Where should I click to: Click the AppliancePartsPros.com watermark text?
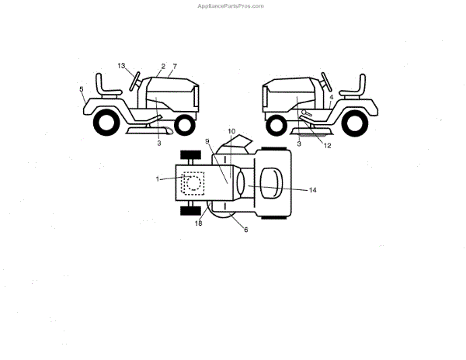pos(232,5)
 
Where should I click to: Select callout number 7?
pos(175,66)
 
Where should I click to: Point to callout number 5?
pos(81,90)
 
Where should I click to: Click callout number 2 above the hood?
pos(163,66)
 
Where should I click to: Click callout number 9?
pos(208,141)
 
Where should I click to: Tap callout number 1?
pos(158,179)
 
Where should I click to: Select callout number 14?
pos(312,190)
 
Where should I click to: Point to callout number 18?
pos(198,223)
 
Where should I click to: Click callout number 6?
pos(246,229)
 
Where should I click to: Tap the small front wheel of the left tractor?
pos(184,124)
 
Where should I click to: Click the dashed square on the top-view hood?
pos(191,182)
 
